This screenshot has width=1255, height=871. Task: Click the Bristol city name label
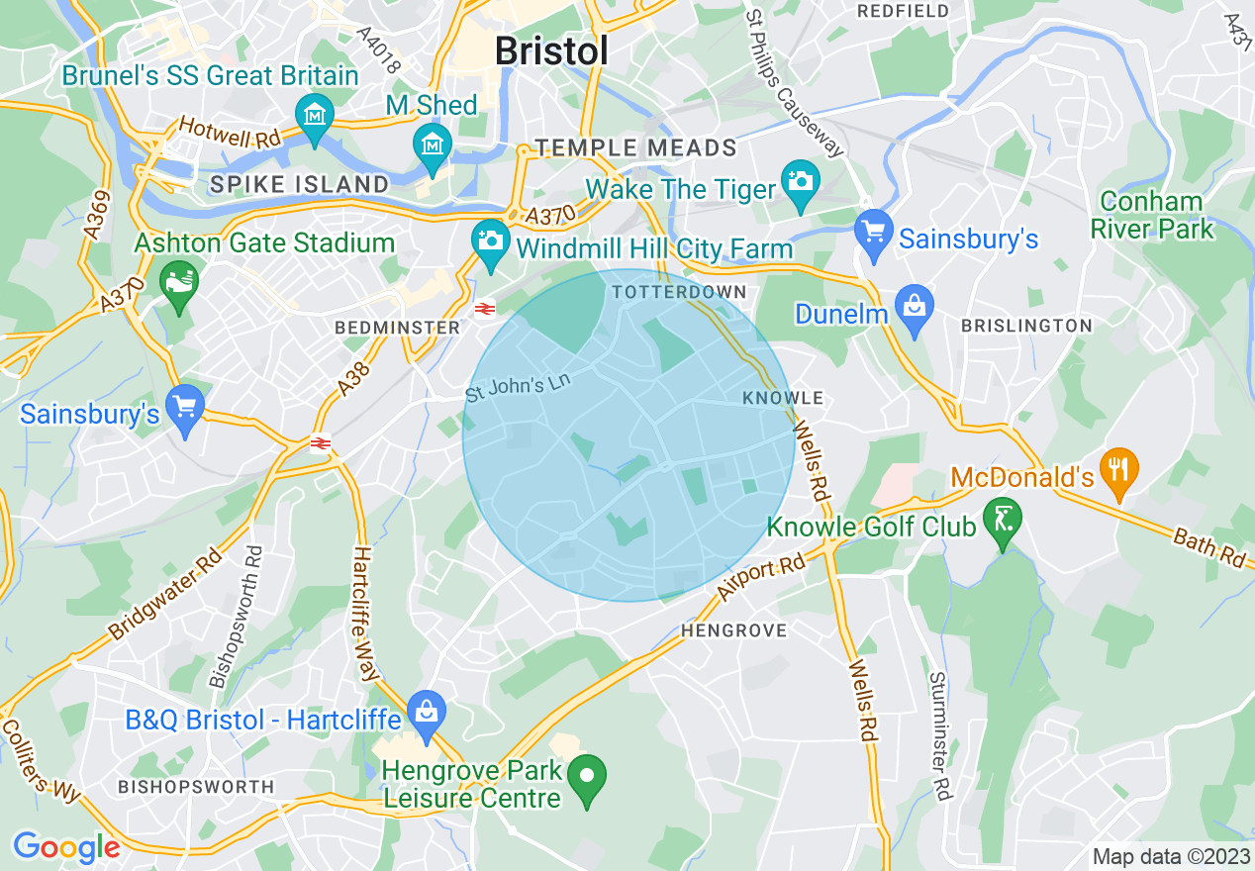point(551,50)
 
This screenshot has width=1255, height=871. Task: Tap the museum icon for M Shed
point(432,145)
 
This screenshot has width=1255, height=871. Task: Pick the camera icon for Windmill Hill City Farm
point(489,239)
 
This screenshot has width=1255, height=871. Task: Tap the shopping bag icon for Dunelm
point(916,304)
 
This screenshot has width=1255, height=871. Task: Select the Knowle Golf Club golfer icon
point(1004,516)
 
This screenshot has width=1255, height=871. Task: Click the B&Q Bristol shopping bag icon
point(427,710)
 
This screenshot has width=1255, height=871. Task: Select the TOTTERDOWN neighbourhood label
point(679,292)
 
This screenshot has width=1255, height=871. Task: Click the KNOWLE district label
point(783,398)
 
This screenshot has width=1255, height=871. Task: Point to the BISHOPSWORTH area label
point(196,787)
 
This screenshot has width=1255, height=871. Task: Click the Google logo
point(65,847)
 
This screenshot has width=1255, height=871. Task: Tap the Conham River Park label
point(1151,215)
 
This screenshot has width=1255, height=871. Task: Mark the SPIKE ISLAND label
point(300,184)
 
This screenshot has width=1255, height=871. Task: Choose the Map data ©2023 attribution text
point(1169,856)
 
